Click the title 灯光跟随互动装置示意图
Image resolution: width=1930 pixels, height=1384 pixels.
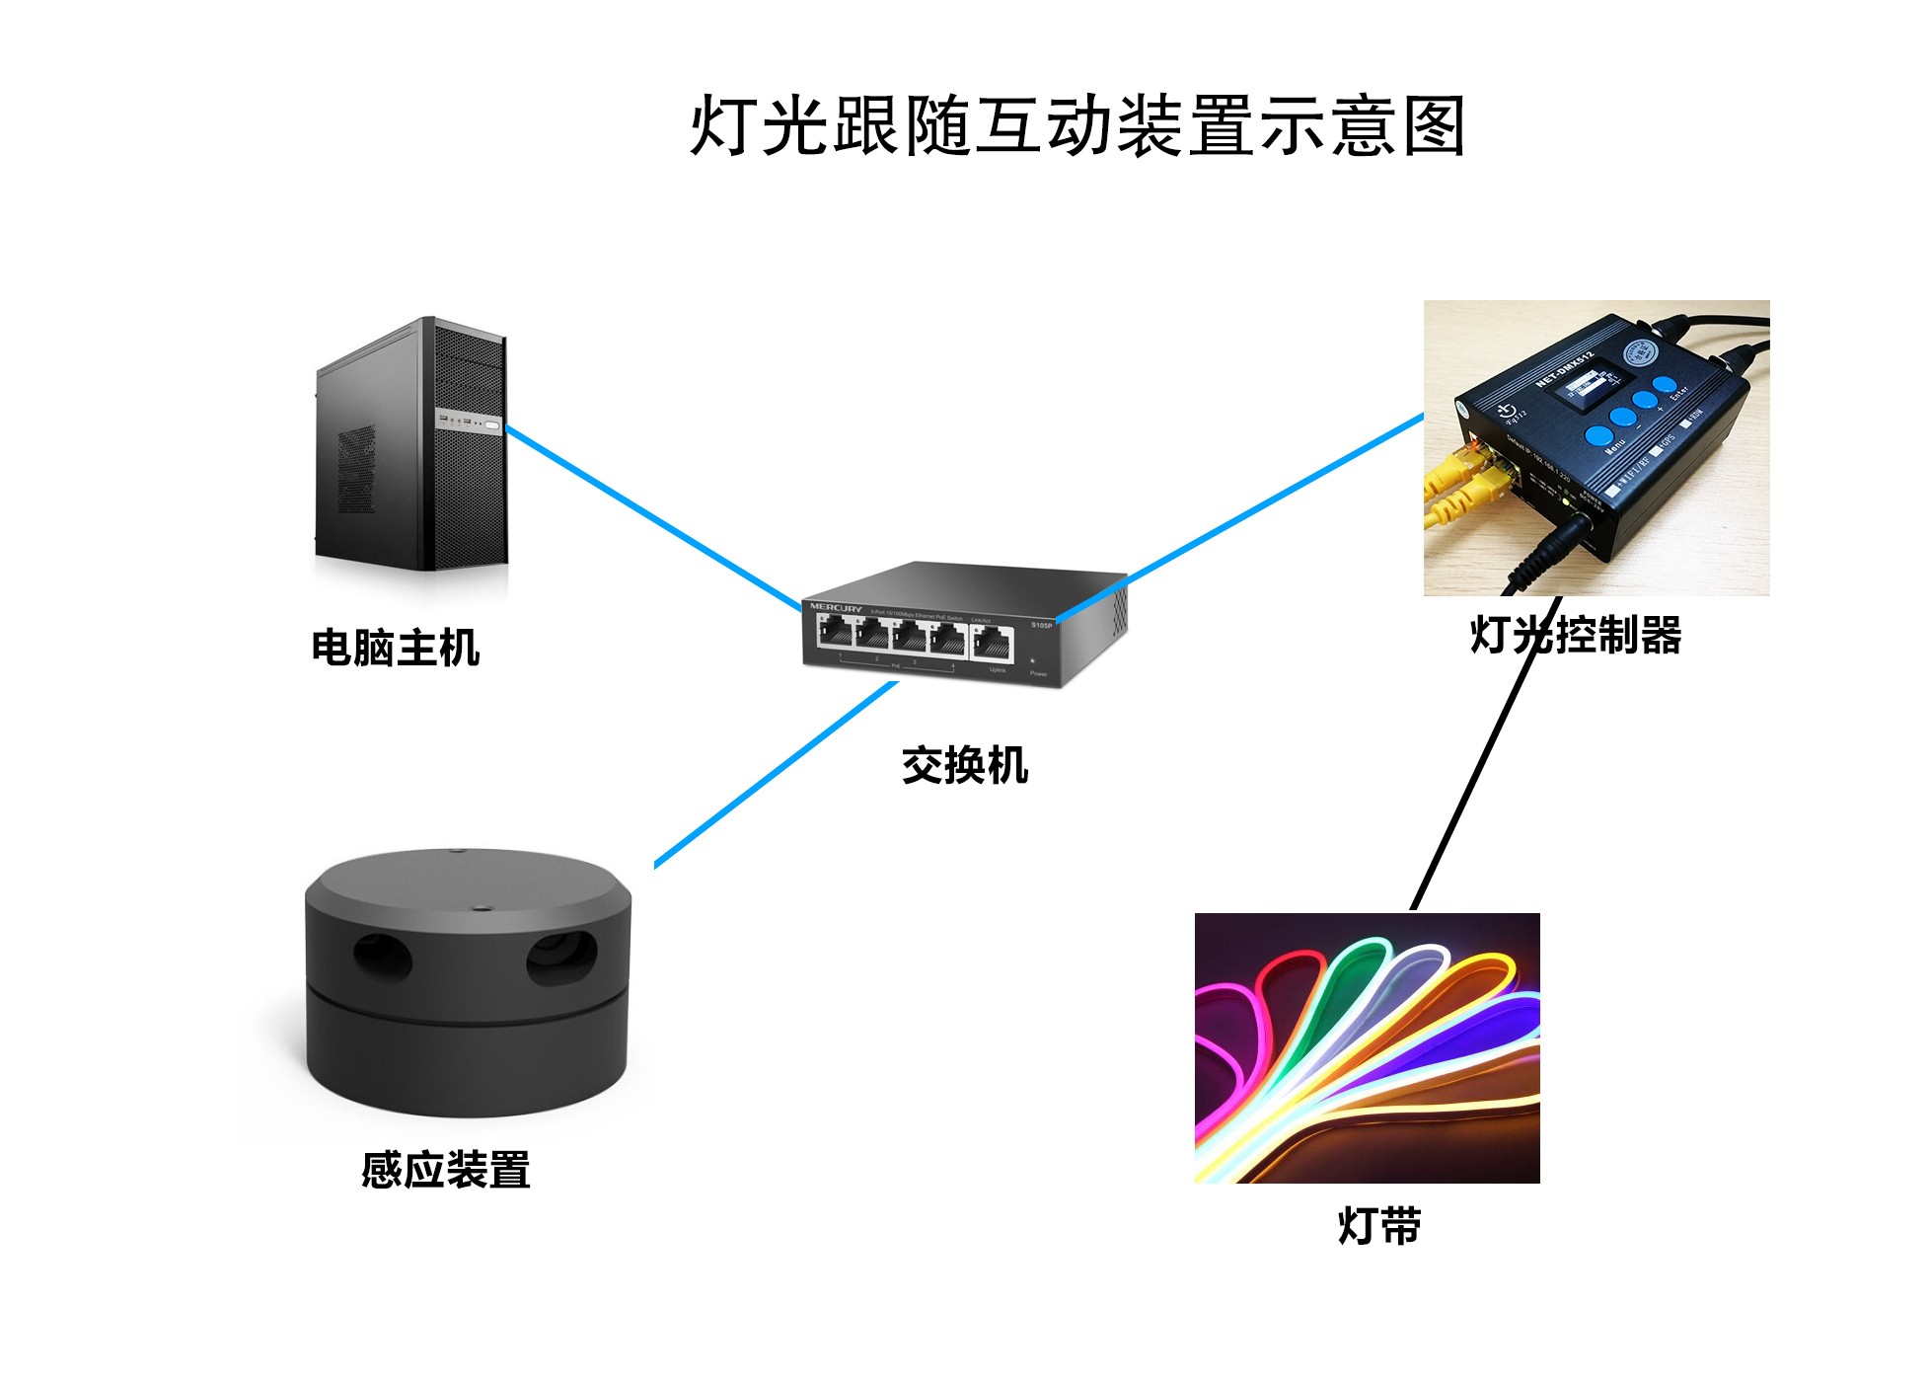tap(1076, 126)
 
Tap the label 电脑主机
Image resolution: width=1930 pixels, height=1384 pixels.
tap(396, 649)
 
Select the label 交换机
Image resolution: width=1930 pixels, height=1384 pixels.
tap(964, 765)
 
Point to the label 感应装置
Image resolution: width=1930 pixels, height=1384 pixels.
tap(446, 1171)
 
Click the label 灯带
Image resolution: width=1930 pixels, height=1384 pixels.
tap(1378, 1227)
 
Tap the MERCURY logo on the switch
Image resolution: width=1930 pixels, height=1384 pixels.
tap(836, 607)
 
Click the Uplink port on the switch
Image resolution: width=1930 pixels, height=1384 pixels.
tap(993, 645)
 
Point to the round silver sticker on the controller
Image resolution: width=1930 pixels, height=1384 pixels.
tap(1639, 352)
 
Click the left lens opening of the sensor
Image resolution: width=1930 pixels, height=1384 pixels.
tap(383, 956)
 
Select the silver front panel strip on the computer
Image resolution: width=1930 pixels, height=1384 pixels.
tap(470, 423)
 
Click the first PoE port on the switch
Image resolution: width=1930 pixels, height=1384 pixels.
tap(836, 635)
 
